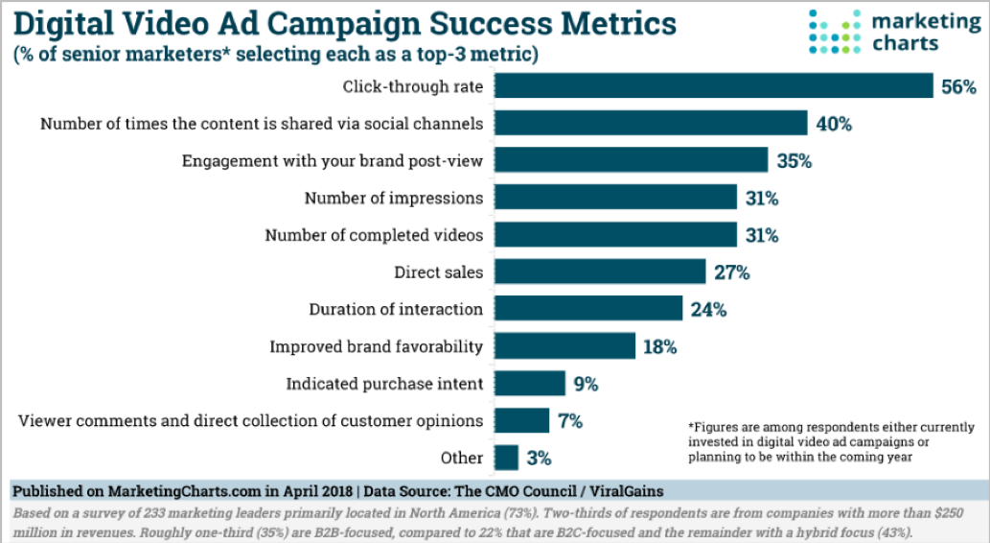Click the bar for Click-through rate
(715, 86)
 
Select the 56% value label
(958, 87)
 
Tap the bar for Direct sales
(601, 272)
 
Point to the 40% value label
(833, 124)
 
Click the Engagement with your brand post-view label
(333, 161)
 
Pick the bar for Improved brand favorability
(565, 346)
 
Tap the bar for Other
(507, 458)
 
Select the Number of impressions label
(394, 199)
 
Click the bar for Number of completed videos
(616, 235)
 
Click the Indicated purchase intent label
(384, 384)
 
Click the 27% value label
(731, 272)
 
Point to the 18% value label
(659, 346)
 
